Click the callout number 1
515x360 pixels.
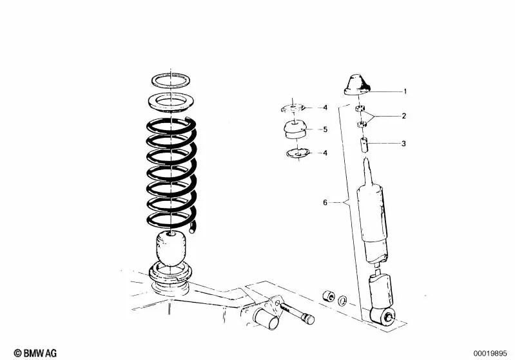[405, 91]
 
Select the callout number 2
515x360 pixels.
[404, 117]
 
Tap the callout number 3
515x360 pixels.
[403, 144]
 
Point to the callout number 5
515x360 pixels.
[326, 129]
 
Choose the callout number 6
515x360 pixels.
[326, 203]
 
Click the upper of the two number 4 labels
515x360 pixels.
[326, 107]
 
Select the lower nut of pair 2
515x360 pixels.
[362, 124]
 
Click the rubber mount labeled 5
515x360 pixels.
[295, 131]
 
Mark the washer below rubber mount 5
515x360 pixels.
[297, 153]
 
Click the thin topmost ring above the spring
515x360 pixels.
[171, 81]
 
